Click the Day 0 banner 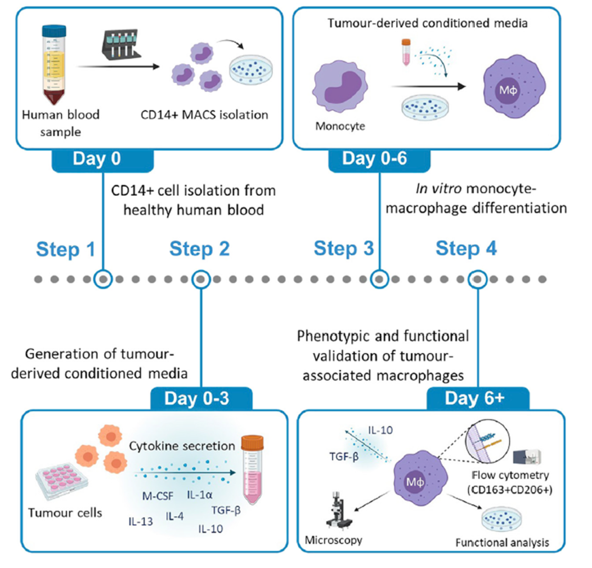pyautogui.click(x=103, y=159)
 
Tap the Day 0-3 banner pyautogui.click(x=201, y=399)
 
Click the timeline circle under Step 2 pyautogui.click(x=201, y=279)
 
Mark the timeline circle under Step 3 pyautogui.click(x=378, y=279)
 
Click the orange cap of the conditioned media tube pyautogui.click(x=252, y=442)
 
